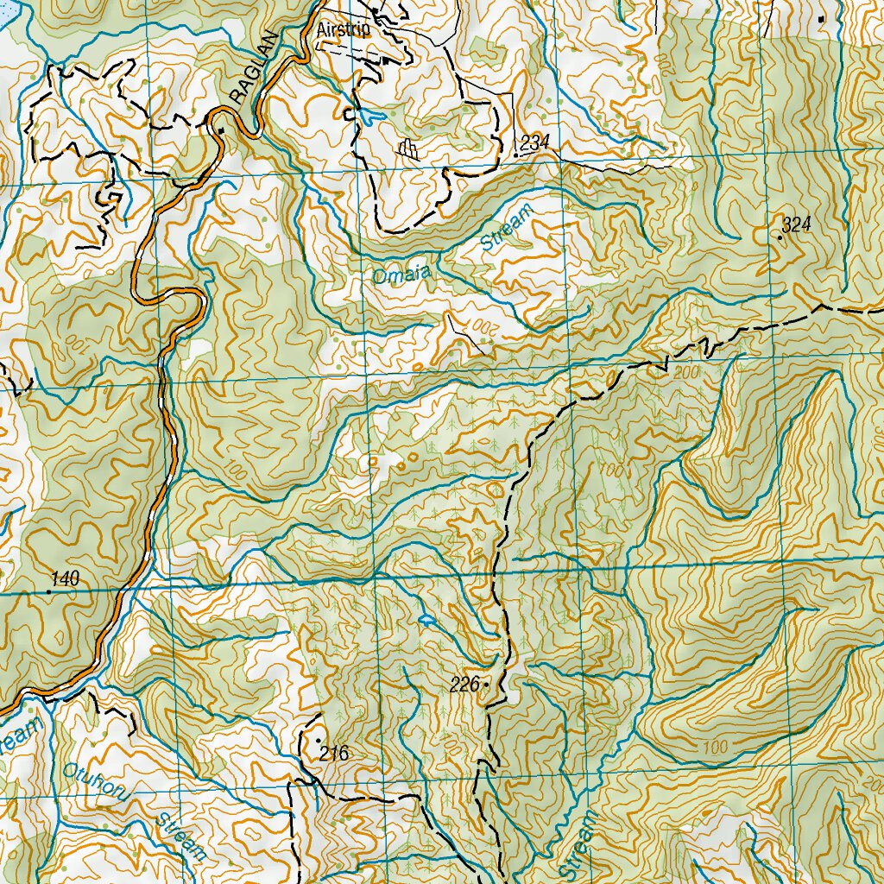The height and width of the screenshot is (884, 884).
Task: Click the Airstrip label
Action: tap(343, 30)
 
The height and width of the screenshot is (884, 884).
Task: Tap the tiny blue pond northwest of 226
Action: tap(425, 619)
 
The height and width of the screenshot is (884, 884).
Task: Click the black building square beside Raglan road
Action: tap(221, 130)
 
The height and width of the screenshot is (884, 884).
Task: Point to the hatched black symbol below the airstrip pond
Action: tap(408, 150)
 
